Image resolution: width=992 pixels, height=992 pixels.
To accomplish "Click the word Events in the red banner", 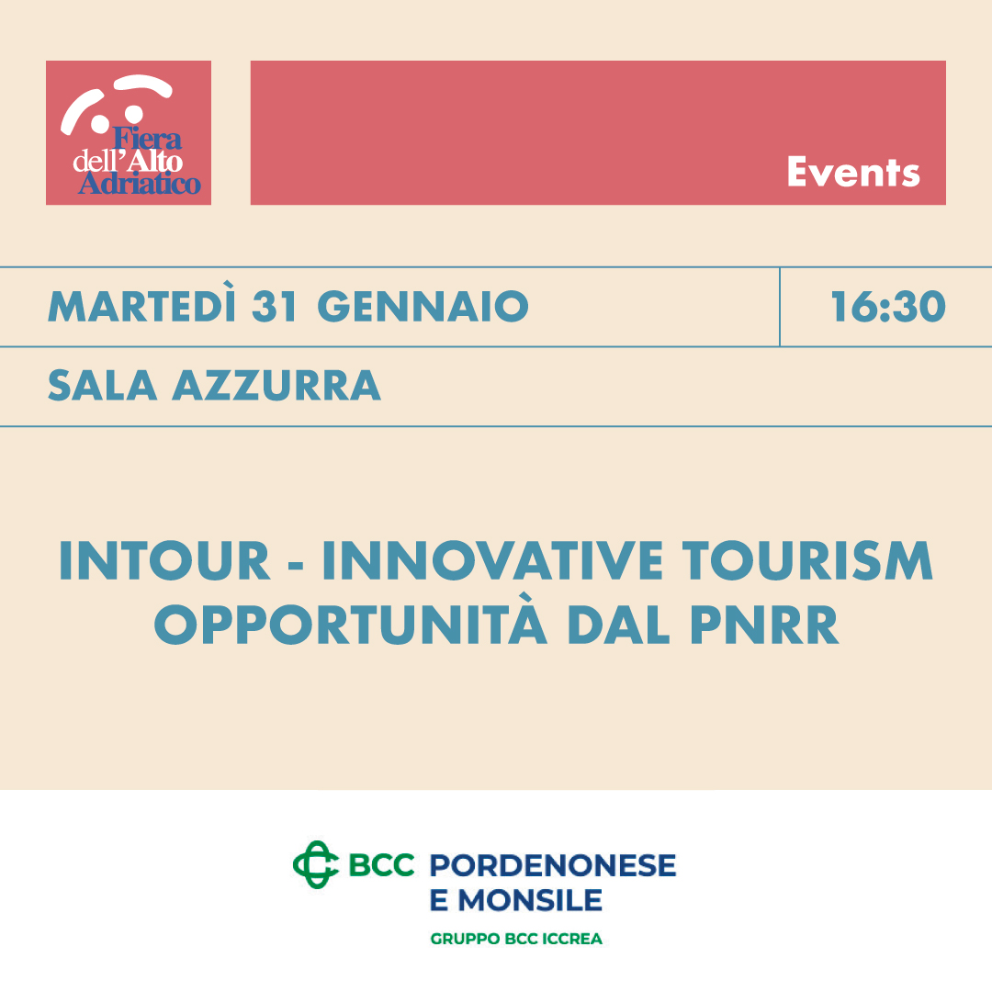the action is tap(852, 172).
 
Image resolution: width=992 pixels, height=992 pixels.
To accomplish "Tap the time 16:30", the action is tap(888, 307).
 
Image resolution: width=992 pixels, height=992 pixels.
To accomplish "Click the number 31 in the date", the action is tap(276, 307).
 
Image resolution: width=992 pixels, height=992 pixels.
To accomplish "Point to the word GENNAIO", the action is tap(423, 307).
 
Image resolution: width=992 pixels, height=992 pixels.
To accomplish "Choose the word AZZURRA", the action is tap(277, 385).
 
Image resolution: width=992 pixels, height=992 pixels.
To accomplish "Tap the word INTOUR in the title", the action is tap(164, 560).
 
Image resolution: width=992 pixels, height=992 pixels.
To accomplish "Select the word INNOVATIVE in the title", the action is tap(493, 560).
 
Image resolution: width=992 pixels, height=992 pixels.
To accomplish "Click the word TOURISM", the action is tap(807, 560).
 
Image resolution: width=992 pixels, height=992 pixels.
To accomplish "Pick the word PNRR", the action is tap(763, 625).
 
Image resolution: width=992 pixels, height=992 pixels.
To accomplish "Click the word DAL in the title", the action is tap(619, 625).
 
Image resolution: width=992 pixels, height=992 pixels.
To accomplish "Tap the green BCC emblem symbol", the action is tap(316, 864).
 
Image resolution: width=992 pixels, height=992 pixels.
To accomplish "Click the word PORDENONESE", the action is tap(553, 865).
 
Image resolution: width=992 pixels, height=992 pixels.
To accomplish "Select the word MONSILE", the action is tap(530, 900).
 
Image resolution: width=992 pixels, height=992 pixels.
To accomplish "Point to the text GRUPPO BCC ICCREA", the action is tap(516, 939).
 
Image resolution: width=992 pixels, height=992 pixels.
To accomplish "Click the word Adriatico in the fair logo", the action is tap(140, 184).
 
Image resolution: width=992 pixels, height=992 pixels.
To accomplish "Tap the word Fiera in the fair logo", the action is tap(147, 139).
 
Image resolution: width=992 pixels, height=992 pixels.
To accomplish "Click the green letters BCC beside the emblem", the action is tap(381, 865).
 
